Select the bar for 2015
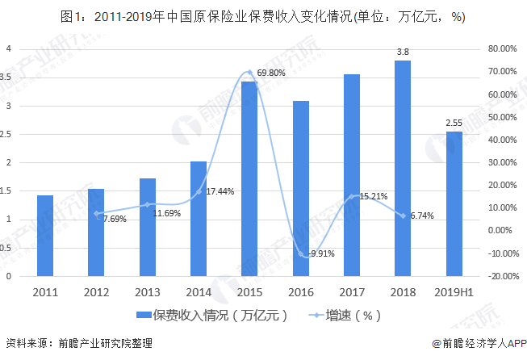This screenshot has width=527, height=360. click(x=249, y=178)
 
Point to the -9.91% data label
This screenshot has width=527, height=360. click(x=317, y=253)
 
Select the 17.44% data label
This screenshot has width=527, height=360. click(x=220, y=191)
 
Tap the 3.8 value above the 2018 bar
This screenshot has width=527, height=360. click(x=402, y=52)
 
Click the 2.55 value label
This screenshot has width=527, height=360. click(x=454, y=123)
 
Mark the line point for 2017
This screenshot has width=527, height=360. click(x=352, y=196)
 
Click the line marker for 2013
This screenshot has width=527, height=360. click(x=147, y=204)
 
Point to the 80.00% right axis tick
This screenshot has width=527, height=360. click(x=503, y=48)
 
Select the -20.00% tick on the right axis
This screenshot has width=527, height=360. click(x=502, y=276)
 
